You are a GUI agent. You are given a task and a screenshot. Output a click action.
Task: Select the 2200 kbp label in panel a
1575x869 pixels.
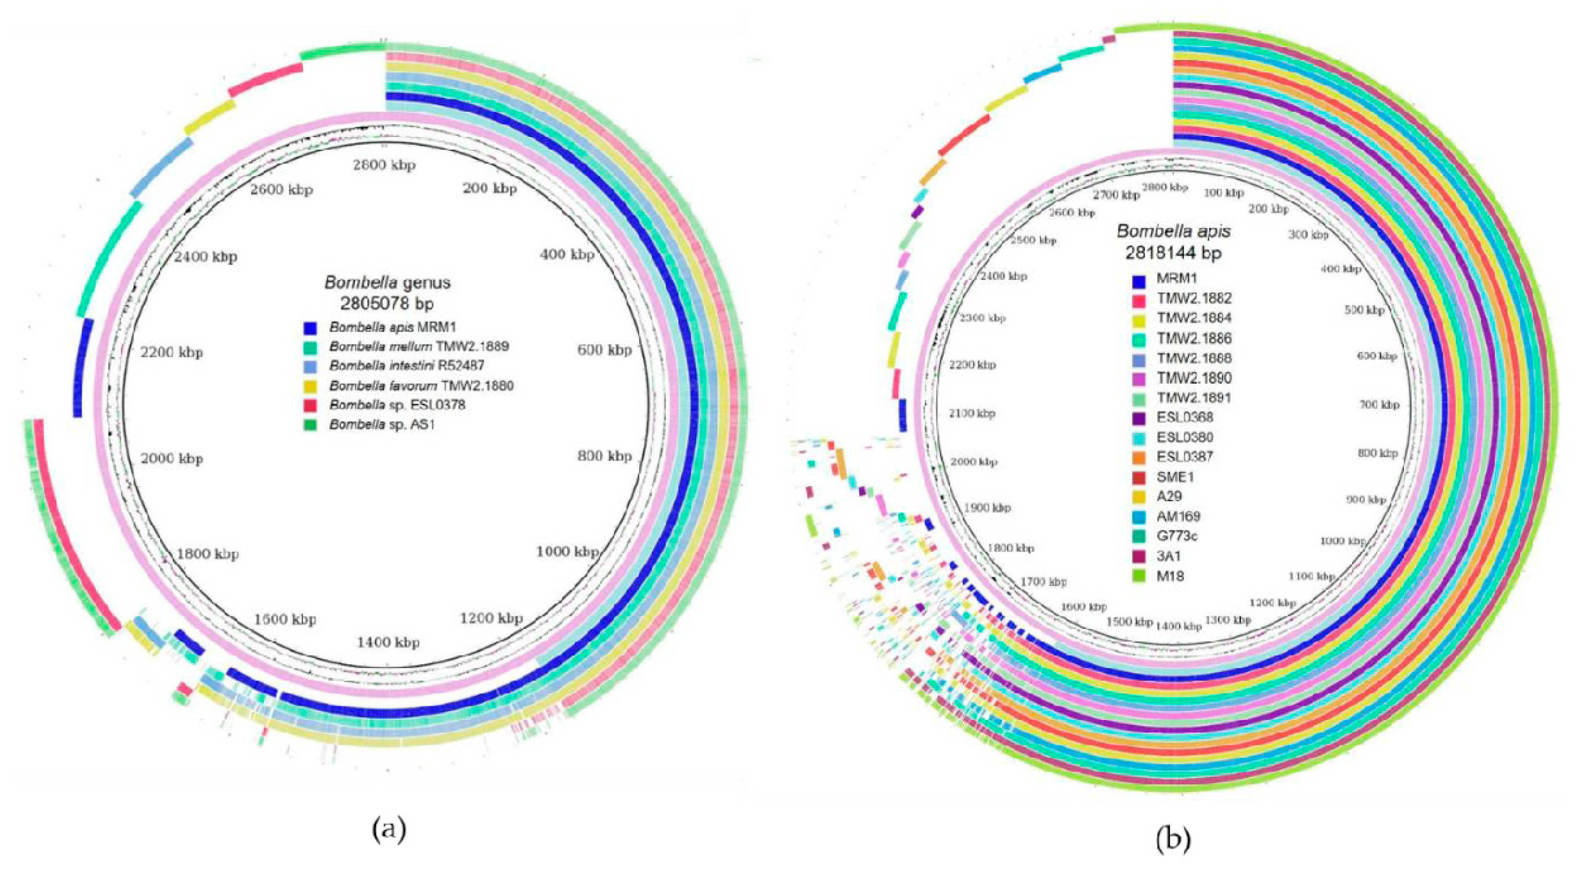point(171,353)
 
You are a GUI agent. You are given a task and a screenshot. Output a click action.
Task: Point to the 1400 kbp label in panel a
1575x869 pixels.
point(389,642)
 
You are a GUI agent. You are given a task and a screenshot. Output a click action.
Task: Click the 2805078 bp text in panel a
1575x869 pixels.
point(387,303)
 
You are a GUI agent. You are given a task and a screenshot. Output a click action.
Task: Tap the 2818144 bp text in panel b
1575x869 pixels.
point(1173,252)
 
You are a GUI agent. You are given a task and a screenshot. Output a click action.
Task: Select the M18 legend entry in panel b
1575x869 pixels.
point(1170,575)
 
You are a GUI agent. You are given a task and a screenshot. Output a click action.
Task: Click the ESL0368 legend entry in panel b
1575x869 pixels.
point(1184,417)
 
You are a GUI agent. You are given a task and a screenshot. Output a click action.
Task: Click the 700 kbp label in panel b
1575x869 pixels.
point(1380,405)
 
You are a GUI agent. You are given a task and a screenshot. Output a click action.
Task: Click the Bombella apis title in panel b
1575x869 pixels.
point(1173,231)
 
